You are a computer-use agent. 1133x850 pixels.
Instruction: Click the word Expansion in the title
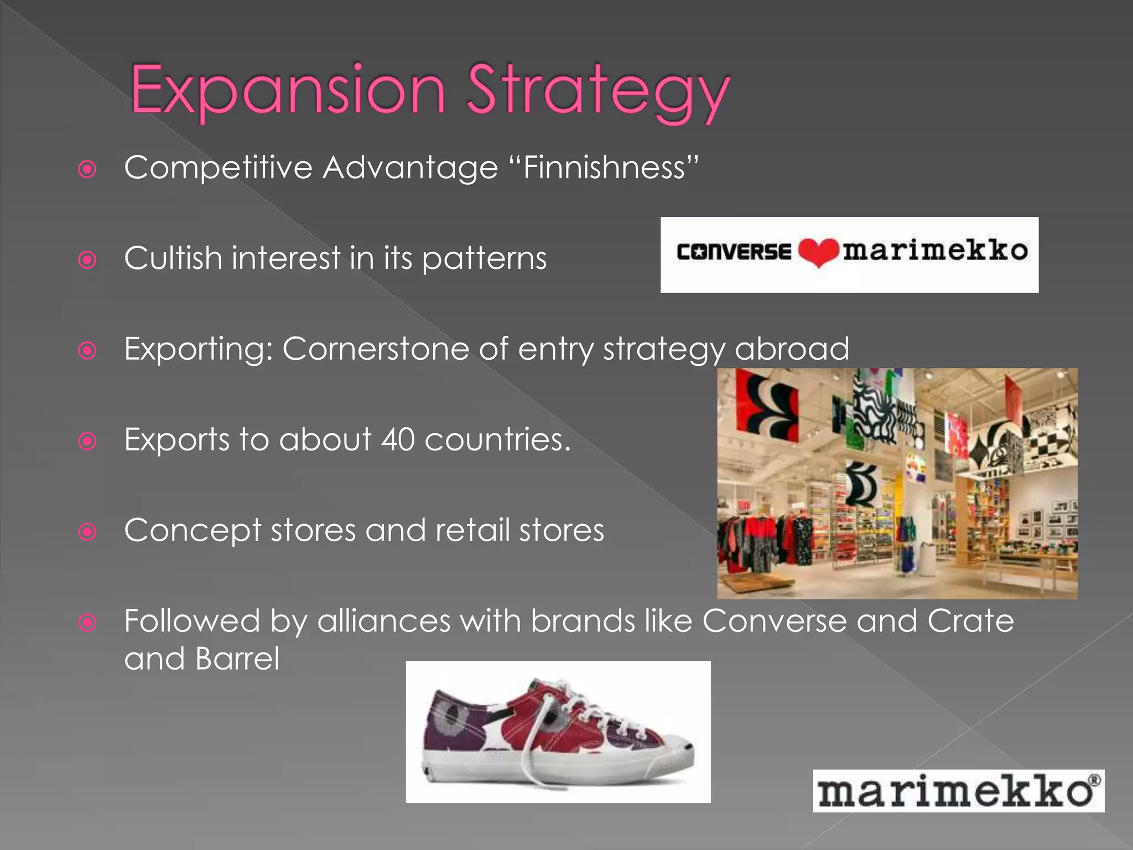pyautogui.click(x=288, y=90)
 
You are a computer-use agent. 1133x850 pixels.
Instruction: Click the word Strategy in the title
pyautogui.click(x=597, y=91)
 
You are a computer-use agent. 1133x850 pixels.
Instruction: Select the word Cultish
pyautogui.click(x=173, y=258)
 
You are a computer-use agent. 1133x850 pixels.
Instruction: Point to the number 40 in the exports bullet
pyautogui.click(x=398, y=439)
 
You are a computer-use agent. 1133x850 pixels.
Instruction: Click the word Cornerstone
pyautogui.click(x=376, y=349)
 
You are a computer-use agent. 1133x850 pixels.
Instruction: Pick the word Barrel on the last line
pyautogui.click(x=237, y=659)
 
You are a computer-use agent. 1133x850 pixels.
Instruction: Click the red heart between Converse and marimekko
pyautogui.click(x=818, y=252)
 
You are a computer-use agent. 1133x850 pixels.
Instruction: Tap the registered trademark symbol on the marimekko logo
pyautogui.click(x=1094, y=781)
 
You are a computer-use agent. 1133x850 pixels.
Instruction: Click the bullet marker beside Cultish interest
pyautogui.click(x=87, y=260)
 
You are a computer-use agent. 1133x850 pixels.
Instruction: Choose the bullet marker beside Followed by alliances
pyautogui.click(x=87, y=623)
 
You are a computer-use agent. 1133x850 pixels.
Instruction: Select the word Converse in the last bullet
pyautogui.click(x=775, y=621)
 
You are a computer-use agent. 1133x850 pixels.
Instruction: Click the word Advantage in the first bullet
pyautogui.click(x=410, y=167)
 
